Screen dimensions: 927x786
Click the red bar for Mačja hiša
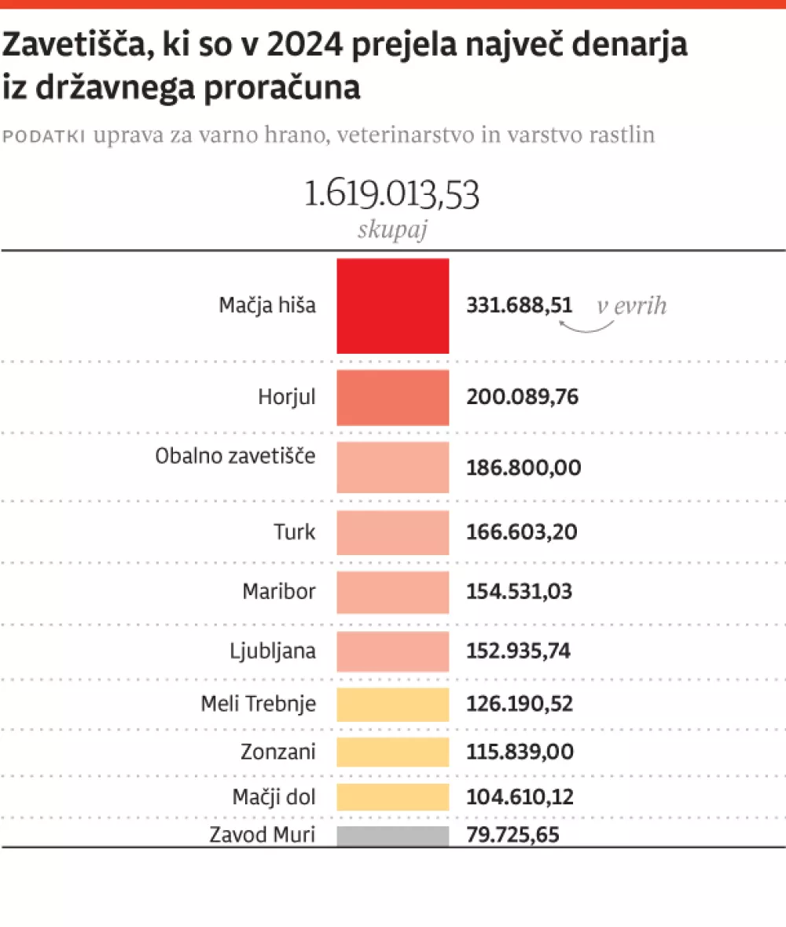(x=393, y=306)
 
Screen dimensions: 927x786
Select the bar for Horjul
(x=393, y=398)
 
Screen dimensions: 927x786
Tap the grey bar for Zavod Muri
(x=393, y=836)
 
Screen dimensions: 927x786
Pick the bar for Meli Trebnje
(x=393, y=704)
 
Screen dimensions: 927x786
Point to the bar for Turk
(x=393, y=533)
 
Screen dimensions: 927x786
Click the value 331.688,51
(x=520, y=305)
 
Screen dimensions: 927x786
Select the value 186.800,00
(x=523, y=469)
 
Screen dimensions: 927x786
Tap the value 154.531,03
(x=520, y=591)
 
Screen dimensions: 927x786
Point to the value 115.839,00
(x=520, y=752)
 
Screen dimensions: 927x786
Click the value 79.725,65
(x=513, y=834)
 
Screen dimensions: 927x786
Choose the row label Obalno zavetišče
(x=236, y=456)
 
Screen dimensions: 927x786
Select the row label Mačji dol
(x=274, y=796)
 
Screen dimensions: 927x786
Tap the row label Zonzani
(x=278, y=752)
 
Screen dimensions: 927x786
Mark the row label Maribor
(x=279, y=591)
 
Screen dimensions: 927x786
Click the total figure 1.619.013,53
(x=391, y=195)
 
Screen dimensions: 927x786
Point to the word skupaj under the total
(x=392, y=230)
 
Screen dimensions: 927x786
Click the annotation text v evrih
(x=631, y=305)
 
